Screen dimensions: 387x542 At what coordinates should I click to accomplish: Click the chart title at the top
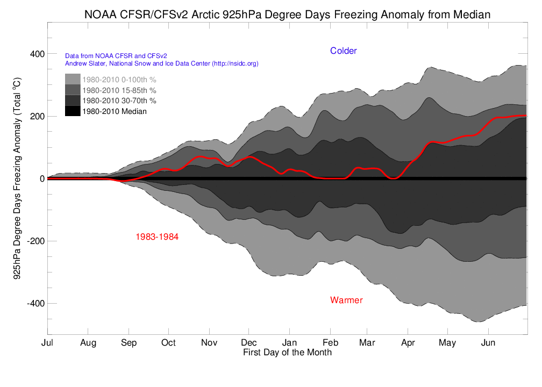287,15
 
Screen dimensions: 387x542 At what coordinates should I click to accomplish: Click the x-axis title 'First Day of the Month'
287,353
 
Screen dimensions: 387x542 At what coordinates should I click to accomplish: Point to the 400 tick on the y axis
37,54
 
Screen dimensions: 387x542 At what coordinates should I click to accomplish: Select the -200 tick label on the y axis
34,241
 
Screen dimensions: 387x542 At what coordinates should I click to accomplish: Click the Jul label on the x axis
48,343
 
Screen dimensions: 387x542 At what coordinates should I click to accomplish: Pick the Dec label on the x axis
249,343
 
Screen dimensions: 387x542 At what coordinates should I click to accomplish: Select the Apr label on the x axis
408,343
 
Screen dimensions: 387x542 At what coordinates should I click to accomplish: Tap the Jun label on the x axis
488,343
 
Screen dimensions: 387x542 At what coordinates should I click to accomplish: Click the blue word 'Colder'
344,51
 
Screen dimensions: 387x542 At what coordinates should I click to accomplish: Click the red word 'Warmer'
346,300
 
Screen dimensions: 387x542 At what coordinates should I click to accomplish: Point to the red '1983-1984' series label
157,236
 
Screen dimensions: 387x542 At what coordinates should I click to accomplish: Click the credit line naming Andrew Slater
162,63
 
